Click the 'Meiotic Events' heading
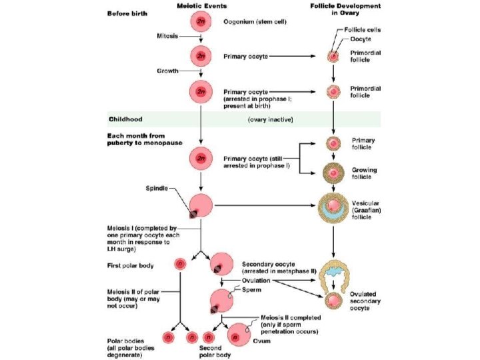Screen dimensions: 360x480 click(x=201, y=5)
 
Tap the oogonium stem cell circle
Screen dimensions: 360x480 click(x=201, y=22)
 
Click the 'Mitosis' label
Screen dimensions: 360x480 click(x=167, y=35)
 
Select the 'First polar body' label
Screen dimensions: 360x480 click(x=131, y=265)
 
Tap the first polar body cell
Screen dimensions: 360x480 click(x=180, y=265)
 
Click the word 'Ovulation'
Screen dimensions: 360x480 click(x=257, y=281)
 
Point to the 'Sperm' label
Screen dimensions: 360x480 click(x=251, y=290)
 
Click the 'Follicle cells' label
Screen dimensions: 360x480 click(x=363, y=30)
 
